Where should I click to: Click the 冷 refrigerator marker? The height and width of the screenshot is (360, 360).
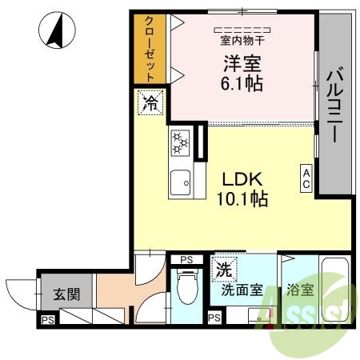150,101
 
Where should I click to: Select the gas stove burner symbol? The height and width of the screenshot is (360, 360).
180,143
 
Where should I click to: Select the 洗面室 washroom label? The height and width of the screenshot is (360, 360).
242,290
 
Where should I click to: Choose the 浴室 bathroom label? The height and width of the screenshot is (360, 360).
298,290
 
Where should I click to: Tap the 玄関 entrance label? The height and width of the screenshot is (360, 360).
66,294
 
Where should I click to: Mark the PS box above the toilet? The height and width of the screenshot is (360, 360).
186,260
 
